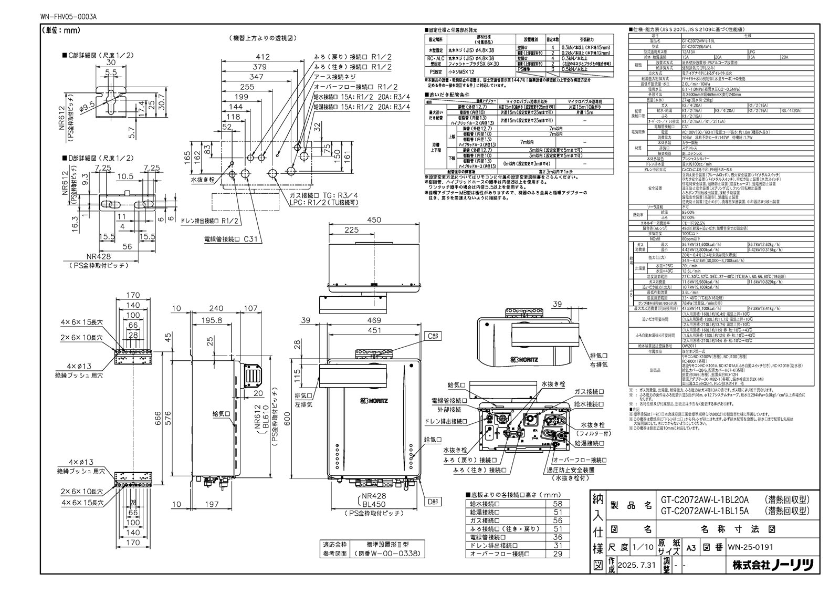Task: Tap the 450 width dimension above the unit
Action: pos(374,220)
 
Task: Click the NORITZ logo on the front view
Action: pos(374,401)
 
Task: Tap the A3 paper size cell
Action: pos(691,547)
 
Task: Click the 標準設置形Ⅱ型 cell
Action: pos(388,545)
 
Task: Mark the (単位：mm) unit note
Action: pos(60,30)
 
